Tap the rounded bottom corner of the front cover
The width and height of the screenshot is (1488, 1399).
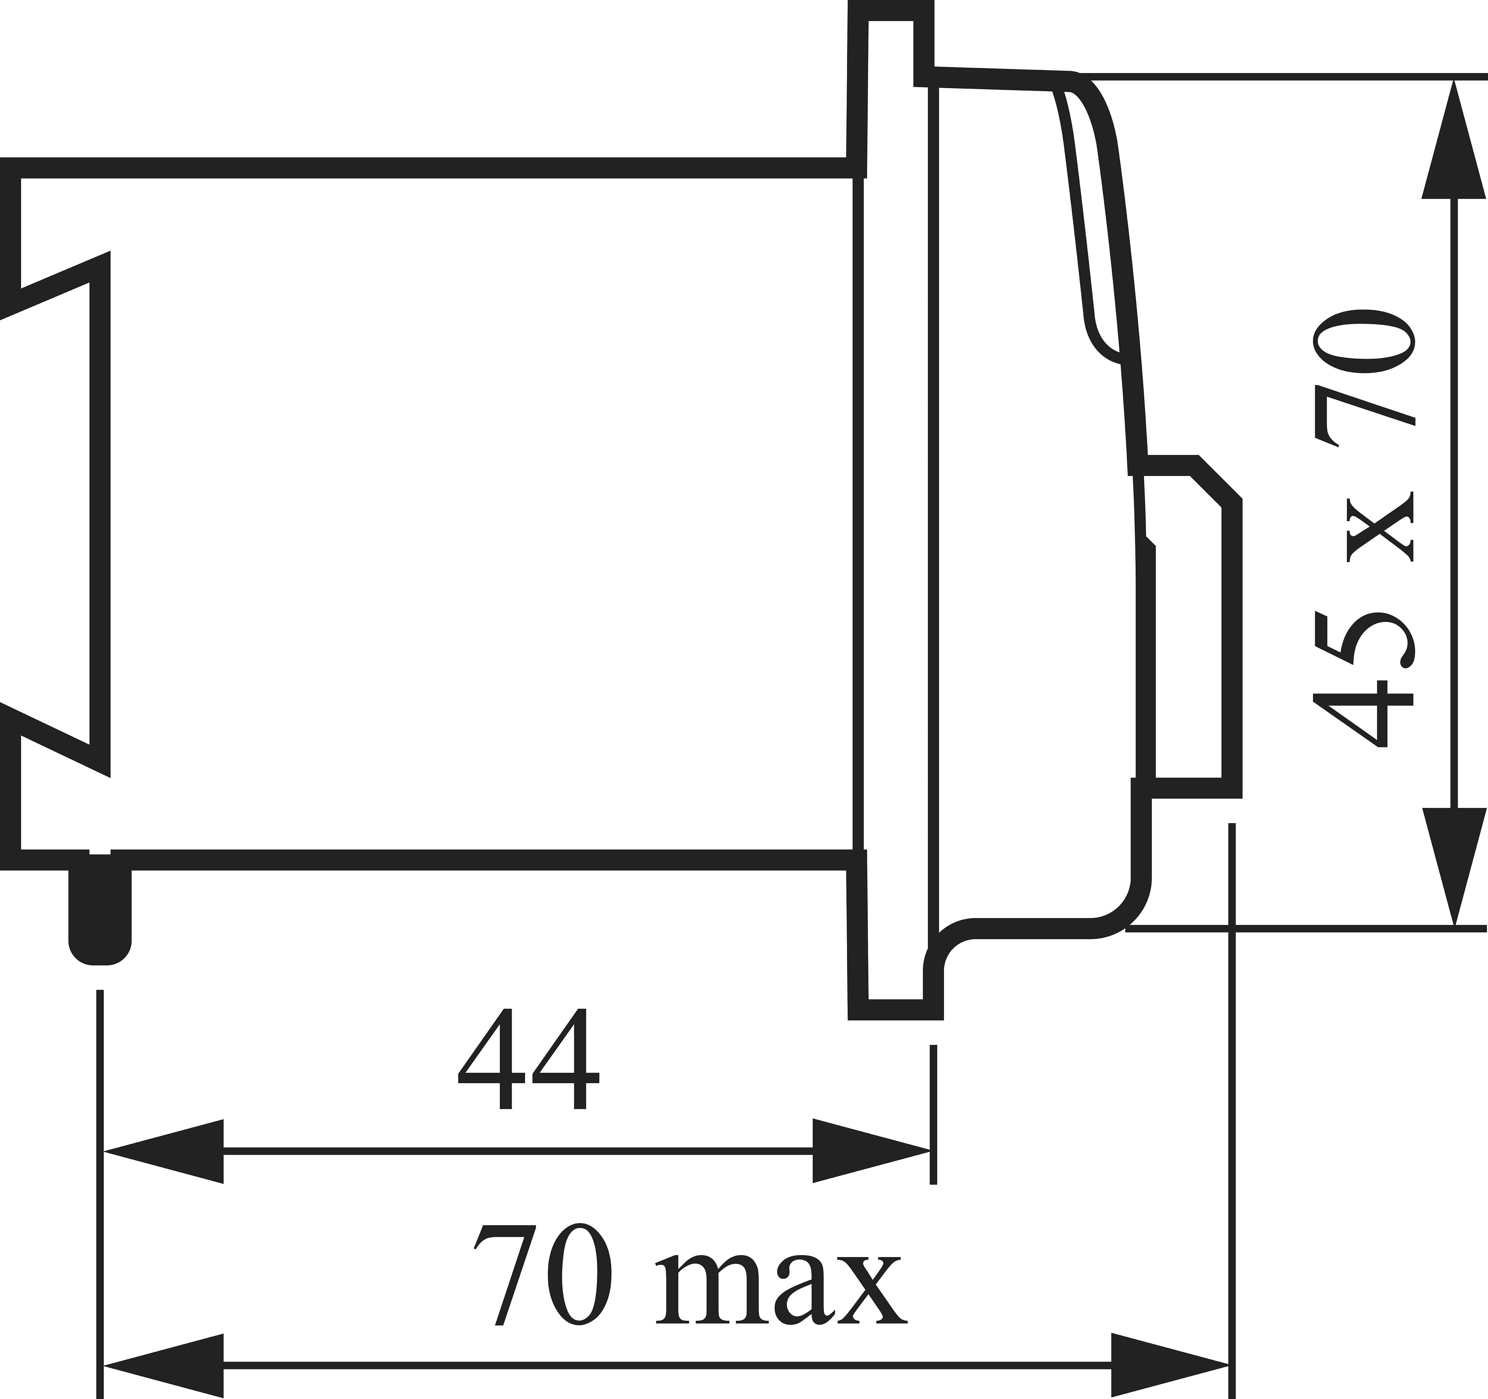point(1123,905)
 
